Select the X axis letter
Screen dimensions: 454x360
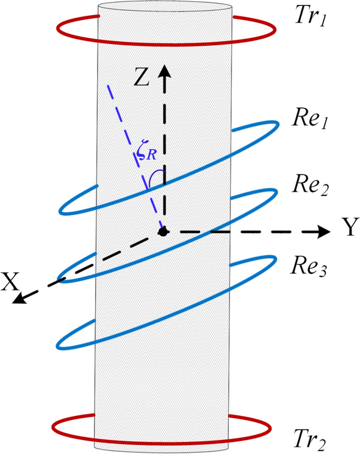coord(10,281)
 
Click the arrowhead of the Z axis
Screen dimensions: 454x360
coord(164,69)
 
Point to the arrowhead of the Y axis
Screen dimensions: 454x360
coord(323,231)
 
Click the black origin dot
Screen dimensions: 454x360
coord(163,231)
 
